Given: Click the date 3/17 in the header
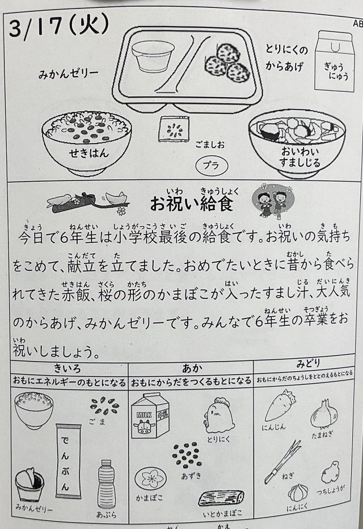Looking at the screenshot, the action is tap(36, 28).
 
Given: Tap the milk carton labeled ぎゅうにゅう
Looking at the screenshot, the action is tap(335, 61).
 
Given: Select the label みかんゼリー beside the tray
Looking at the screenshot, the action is tap(69, 73).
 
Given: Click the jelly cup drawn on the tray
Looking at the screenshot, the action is tap(153, 56).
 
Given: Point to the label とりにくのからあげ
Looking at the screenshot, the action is tap(286, 58).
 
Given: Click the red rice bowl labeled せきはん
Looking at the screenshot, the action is tap(87, 141).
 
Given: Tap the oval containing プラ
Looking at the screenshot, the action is tap(212, 165).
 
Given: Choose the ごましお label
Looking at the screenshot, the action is tap(210, 145).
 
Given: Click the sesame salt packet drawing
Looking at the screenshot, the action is tap(174, 129).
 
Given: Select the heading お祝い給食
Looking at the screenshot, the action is tap(192, 203).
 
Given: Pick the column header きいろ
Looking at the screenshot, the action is tap(67, 368).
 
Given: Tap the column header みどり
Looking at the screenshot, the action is tap(308, 364).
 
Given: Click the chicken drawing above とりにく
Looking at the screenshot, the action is tap(220, 415).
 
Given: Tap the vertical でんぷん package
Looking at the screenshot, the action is tap(69, 461).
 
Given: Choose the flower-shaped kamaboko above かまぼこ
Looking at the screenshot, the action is tap(151, 479).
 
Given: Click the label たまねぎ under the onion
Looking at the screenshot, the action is tap(322, 435).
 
